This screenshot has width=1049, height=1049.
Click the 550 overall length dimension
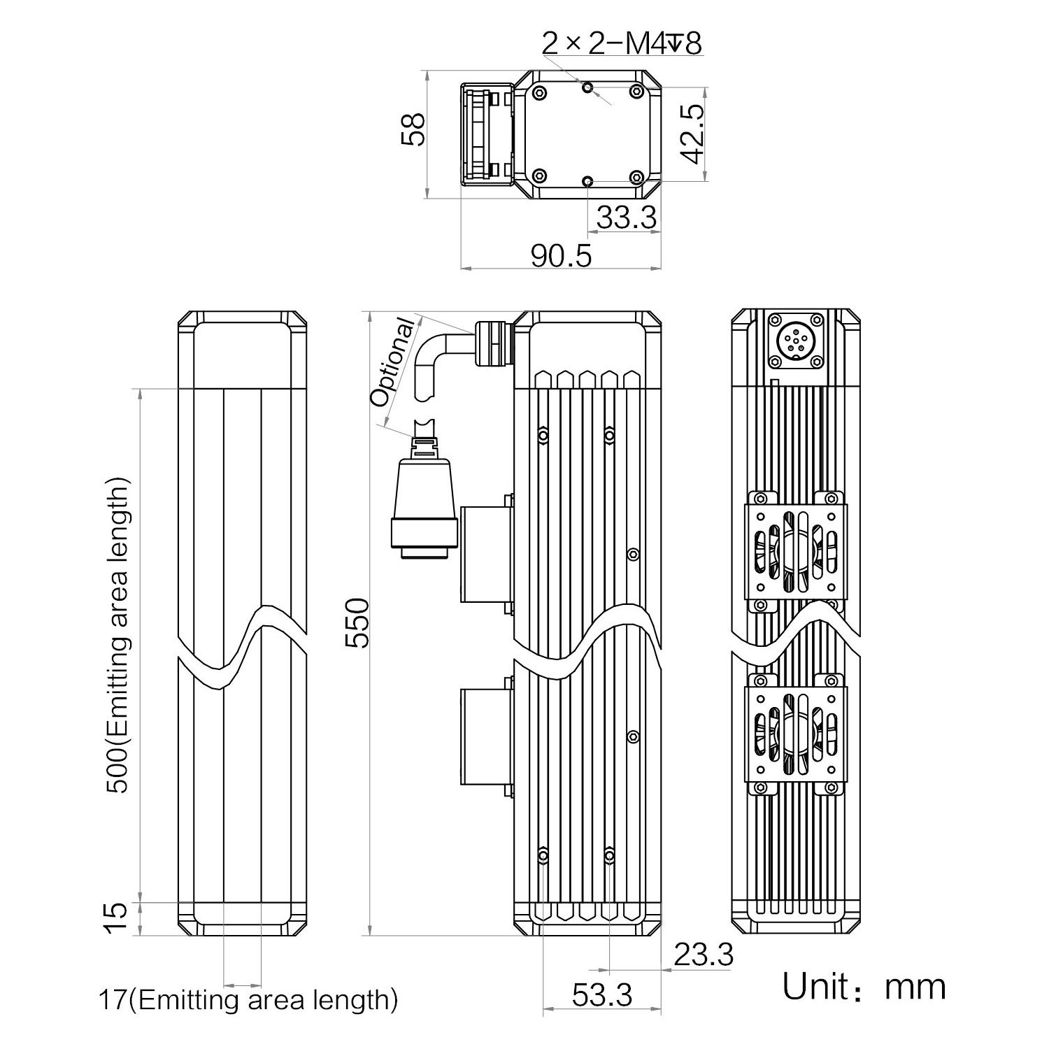pos(357,622)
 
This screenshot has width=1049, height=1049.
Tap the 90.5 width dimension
pos(561,255)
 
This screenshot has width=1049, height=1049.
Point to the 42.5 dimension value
pos(692,135)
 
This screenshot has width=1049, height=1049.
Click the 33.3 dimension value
pos(626,218)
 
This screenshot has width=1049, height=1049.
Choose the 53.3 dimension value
pos(601,994)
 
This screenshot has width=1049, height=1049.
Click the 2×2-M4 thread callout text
pos(621,44)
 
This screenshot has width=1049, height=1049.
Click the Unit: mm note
pos(864,986)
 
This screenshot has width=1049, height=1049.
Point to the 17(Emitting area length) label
pos(248,1000)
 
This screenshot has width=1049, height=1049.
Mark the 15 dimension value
pos(117,918)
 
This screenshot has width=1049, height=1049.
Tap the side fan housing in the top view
pos(487,135)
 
